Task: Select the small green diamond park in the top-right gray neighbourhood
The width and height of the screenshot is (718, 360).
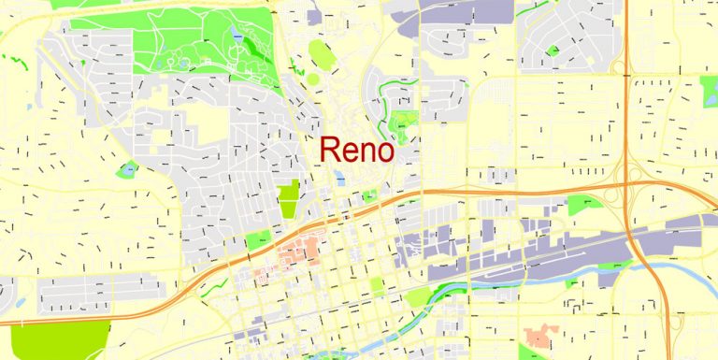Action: (553, 50)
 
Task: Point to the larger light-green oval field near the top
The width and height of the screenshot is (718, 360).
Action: (321, 54)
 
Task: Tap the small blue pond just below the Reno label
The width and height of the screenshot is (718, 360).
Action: (340, 176)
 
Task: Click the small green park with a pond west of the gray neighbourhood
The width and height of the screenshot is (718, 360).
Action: (127, 170)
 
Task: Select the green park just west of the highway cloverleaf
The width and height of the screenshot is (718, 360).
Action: (583, 204)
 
